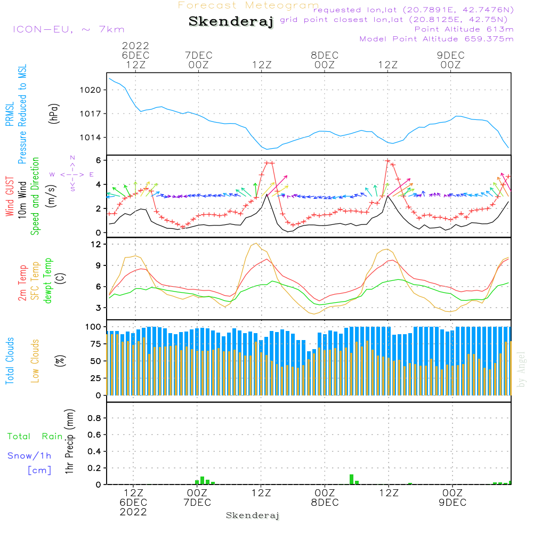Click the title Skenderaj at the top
coord(231,22)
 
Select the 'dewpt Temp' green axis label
coord(49,280)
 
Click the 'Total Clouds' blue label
coord(10,360)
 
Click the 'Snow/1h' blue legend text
coord(29,456)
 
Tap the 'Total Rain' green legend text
coord(35,437)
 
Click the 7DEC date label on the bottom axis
coord(197,503)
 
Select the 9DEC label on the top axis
coord(451,55)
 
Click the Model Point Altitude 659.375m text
coord(437,39)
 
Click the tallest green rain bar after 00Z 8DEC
coord(351,479)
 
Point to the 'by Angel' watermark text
coord(521,369)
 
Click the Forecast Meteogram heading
coord(248,5)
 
